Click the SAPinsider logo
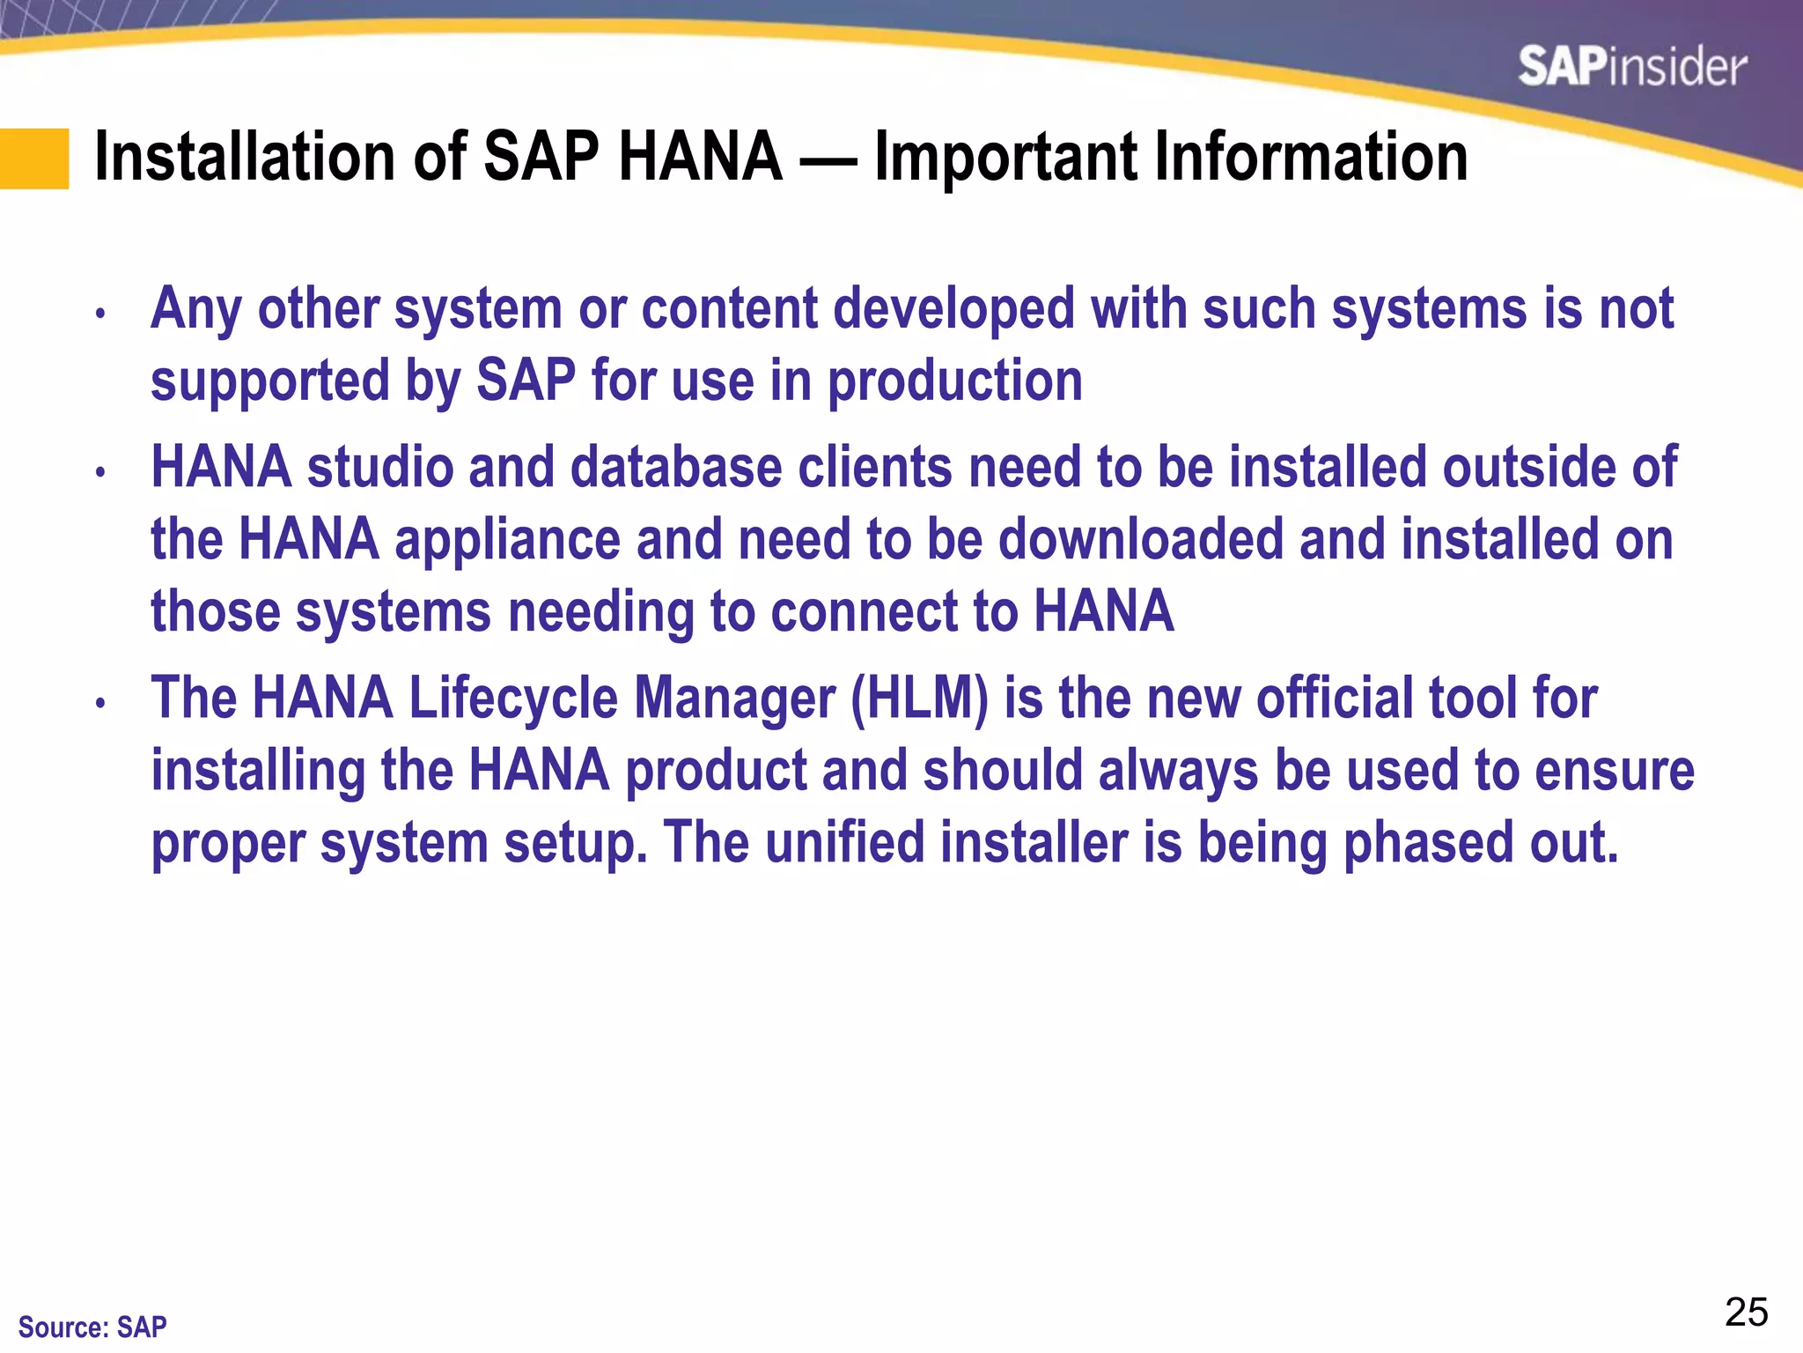coord(1632,67)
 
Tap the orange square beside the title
coord(34,159)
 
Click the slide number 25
coord(1746,1312)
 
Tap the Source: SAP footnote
coord(92,1327)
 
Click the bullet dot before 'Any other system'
coord(101,313)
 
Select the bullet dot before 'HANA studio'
coord(101,471)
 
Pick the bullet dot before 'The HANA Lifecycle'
coord(101,702)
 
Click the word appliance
coord(508,539)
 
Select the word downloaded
coord(1141,539)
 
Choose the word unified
coord(844,842)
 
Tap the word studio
coord(380,467)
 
